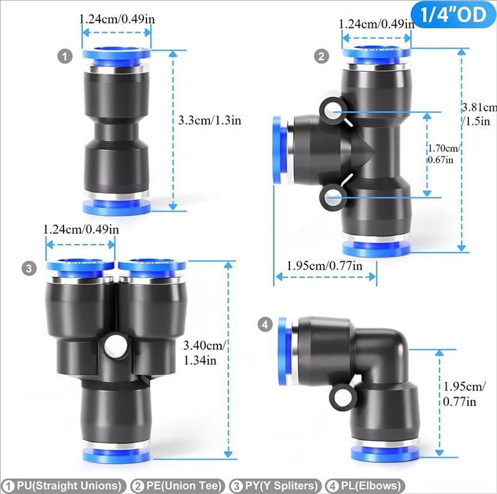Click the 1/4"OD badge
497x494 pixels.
[x=452, y=16]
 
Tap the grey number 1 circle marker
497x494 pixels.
[x=66, y=56]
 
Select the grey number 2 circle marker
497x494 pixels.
[x=321, y=56]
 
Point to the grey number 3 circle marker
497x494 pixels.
[x=29, y=268]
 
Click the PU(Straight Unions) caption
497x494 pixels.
[x=62, y=485]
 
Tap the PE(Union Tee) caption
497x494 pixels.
[x=181, y=485]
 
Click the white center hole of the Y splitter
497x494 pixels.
[x=114, y=344]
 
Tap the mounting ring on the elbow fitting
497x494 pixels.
[x=342, y=394]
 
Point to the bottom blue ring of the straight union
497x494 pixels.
[x=117, y=206]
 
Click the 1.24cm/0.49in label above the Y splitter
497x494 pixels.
[x=80, y=230]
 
